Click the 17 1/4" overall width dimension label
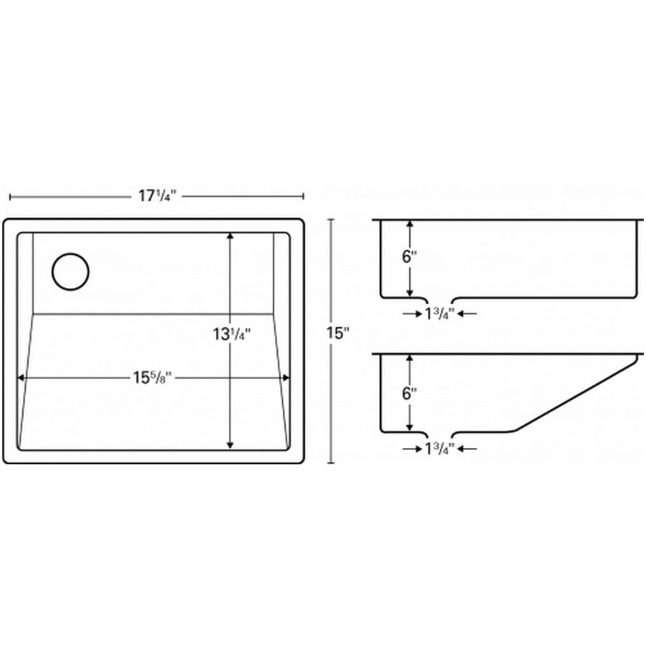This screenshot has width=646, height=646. [x=157, y=196]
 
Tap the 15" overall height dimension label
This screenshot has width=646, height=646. [x=338, y=333]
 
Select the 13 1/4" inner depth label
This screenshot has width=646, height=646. [x=232, y=334]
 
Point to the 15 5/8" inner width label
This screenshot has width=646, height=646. [x=152, y=378]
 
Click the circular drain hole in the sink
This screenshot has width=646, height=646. [x=70, y=271]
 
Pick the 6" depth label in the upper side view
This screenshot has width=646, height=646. [x=410, y=257]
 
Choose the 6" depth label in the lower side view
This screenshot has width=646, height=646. [x=410, y=394]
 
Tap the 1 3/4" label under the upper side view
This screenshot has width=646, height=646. [x=439, y=314]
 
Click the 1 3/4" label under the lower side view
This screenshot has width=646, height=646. [x=439, y=449]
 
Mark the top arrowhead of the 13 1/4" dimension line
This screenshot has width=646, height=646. [x=230, y=236]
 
